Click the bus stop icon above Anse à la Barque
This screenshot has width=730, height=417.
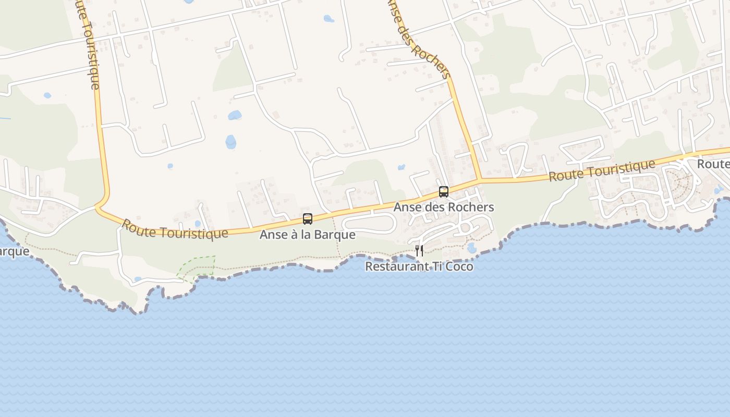(308, 219)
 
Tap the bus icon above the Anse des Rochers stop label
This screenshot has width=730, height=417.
(444, 192)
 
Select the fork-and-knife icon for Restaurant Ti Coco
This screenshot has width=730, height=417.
(419, 251)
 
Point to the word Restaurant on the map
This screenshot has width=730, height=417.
(394, 267)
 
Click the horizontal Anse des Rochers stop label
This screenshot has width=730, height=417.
(443, 207)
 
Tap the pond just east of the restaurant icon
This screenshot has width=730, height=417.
(472, 248)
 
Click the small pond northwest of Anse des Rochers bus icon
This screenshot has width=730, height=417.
(401, 167)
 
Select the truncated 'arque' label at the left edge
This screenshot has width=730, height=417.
(14, 252)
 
